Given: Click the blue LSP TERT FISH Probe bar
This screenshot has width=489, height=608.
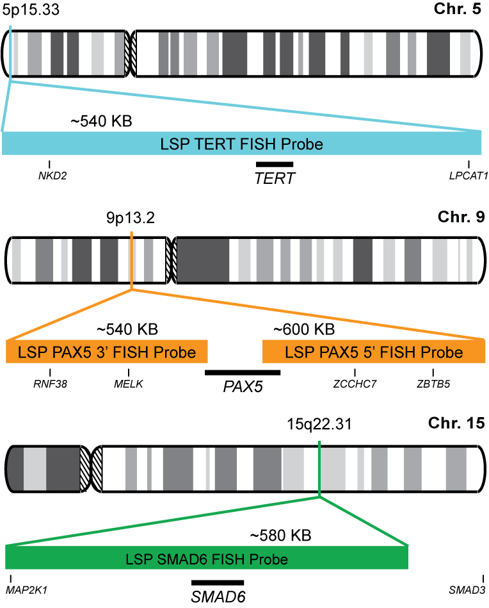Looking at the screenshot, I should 241,143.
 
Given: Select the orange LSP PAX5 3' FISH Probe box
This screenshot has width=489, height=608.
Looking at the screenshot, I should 107,352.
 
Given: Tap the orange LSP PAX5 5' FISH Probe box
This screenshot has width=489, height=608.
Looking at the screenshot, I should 374,352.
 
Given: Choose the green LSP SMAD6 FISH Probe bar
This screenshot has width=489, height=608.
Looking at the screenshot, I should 206,558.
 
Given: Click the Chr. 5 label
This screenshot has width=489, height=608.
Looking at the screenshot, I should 458,9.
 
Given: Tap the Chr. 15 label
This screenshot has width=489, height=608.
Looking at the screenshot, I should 456,423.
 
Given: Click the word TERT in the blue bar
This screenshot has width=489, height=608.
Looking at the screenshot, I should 216,144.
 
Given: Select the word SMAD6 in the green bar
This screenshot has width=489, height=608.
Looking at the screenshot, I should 179,559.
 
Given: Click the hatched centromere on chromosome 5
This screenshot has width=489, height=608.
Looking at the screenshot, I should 131,54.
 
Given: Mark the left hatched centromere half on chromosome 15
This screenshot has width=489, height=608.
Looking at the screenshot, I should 85,469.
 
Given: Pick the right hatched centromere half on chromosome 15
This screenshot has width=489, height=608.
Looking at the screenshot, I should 97,469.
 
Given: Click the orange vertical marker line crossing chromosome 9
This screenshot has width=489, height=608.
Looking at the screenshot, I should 131,259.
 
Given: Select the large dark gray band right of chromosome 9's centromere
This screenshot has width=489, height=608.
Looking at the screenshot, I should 204,261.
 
